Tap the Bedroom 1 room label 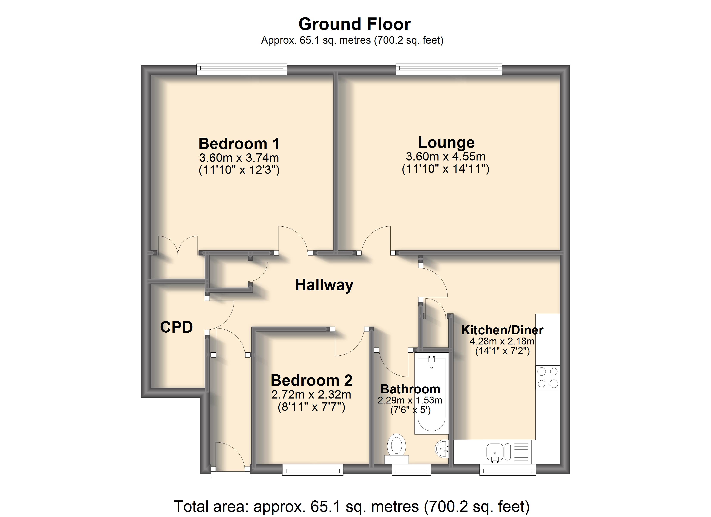click(x=239, y=144)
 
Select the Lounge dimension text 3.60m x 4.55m click(x=446, y=156)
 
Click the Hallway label click(x=324, y=285)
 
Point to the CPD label click(x=176, y=327)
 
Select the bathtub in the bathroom click(x=431, y=394)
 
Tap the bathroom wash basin click(x=442, y=449)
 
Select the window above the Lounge click(x=449, y=69)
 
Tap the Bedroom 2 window click(x=313, y=470)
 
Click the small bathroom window click(x=411, y=470)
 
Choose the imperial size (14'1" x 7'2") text click(x=502, y=351)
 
